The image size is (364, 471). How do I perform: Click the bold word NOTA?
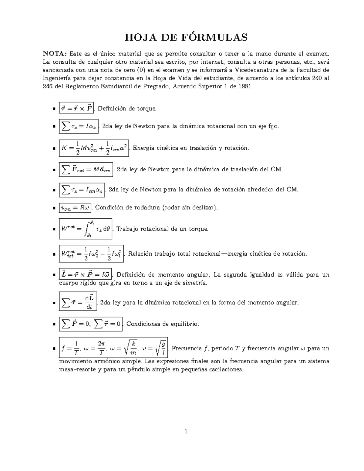click(55, 54)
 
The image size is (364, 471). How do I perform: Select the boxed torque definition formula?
click(76, 108)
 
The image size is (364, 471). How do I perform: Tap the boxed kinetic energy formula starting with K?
click(94, 148)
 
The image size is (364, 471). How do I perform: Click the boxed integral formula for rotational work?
click(86, 229)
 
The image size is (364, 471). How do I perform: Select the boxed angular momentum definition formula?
click(85, 275)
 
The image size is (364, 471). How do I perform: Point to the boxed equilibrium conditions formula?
click(91, 324)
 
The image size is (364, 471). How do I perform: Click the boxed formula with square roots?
click(113, 348)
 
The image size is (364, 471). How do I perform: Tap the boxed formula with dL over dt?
click(78, 302)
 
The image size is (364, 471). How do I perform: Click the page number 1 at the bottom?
click(186, 431)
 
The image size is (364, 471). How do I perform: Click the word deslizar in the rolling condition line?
click(204, 208)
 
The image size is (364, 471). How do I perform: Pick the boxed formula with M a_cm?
click(86, 169)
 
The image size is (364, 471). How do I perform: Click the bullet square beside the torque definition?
click(54, 109)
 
